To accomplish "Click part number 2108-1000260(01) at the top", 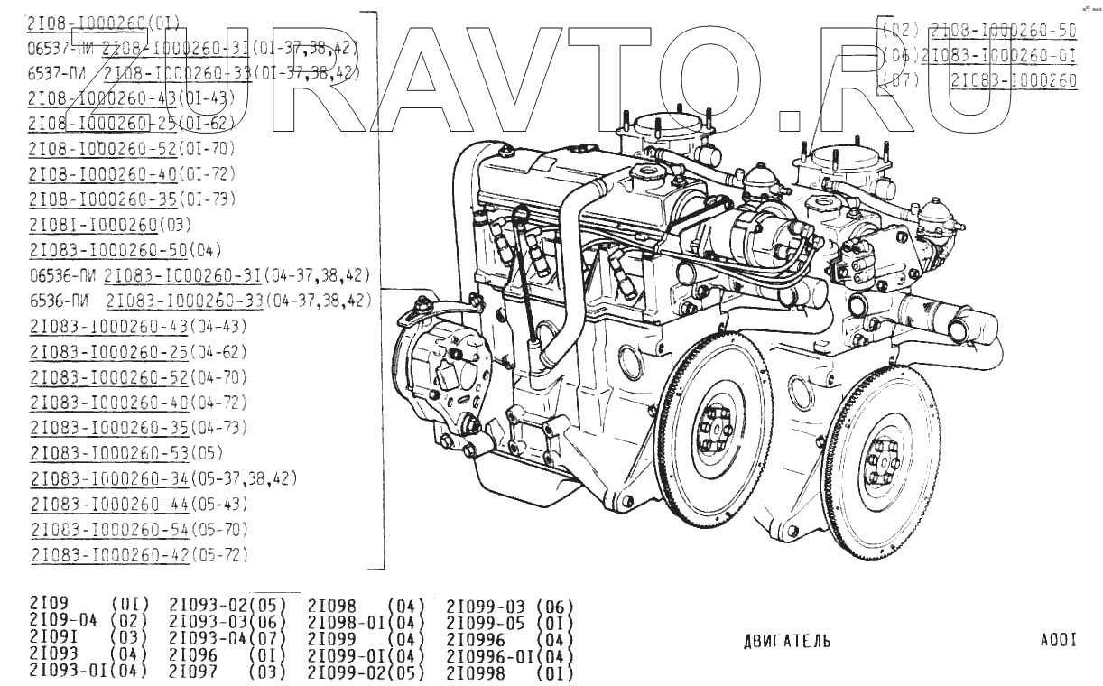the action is [x=105, y=22].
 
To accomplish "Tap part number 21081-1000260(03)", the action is [x=110, y=224].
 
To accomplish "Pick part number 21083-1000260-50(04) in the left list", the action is [x=125, y=249].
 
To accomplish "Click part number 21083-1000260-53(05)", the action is [x=126, y=452].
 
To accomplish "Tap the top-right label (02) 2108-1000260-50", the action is [x=979, y=30].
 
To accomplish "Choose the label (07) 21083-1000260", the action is [x=979, y=80].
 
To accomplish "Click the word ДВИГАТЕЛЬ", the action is [x=787, y=641].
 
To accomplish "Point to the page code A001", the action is [x=1059, y=641].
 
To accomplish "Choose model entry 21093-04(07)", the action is [x=227, y=639].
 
